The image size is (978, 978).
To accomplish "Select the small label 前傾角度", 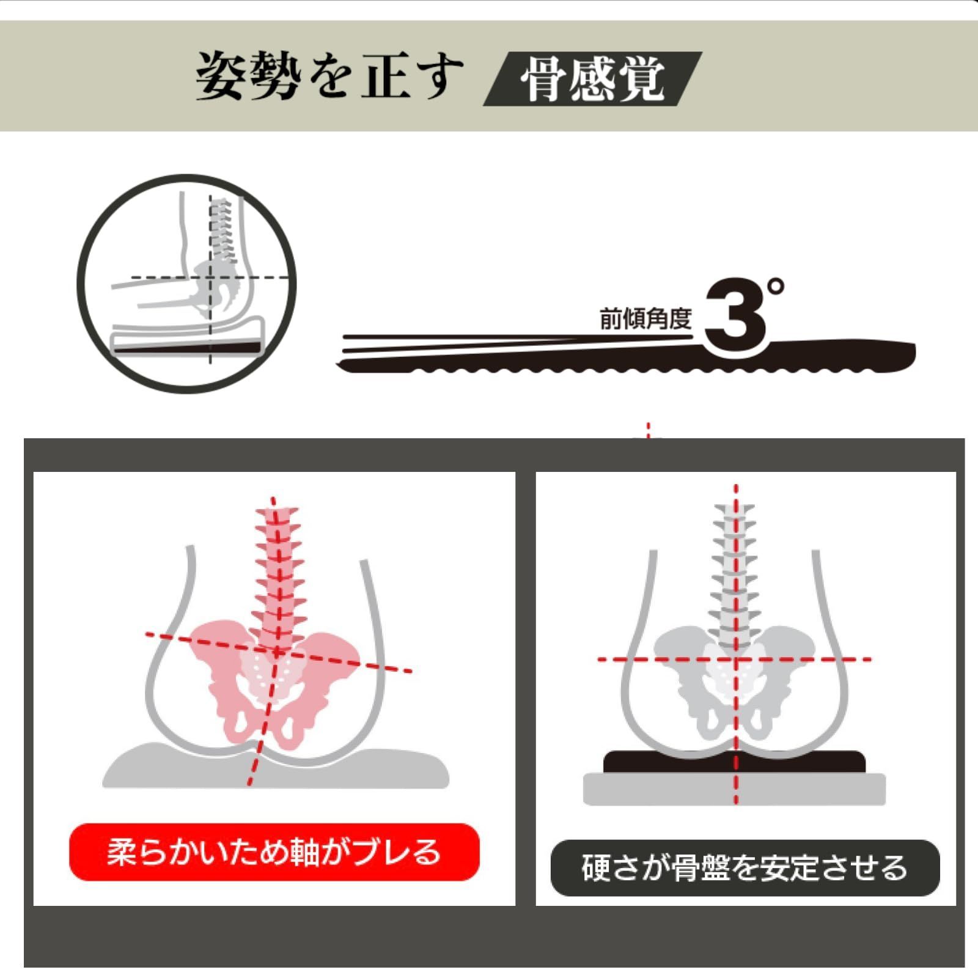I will pyautogui.click(x=645, y=318).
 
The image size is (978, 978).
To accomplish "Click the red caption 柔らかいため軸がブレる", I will pyautogui.click(x=274, y=852).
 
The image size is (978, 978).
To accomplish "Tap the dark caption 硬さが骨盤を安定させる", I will pyautogui.click(x=745, y=868).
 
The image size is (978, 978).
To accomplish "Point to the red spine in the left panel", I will pyautogui.click(x=278, y=568).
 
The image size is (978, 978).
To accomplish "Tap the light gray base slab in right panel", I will pyautogui.click(x=733, y=790).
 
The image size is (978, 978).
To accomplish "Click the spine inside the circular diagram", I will pyautogui.click(x=221, y=229).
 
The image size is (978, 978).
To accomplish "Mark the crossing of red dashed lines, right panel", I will pyautogui.click(x=736, y=660).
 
